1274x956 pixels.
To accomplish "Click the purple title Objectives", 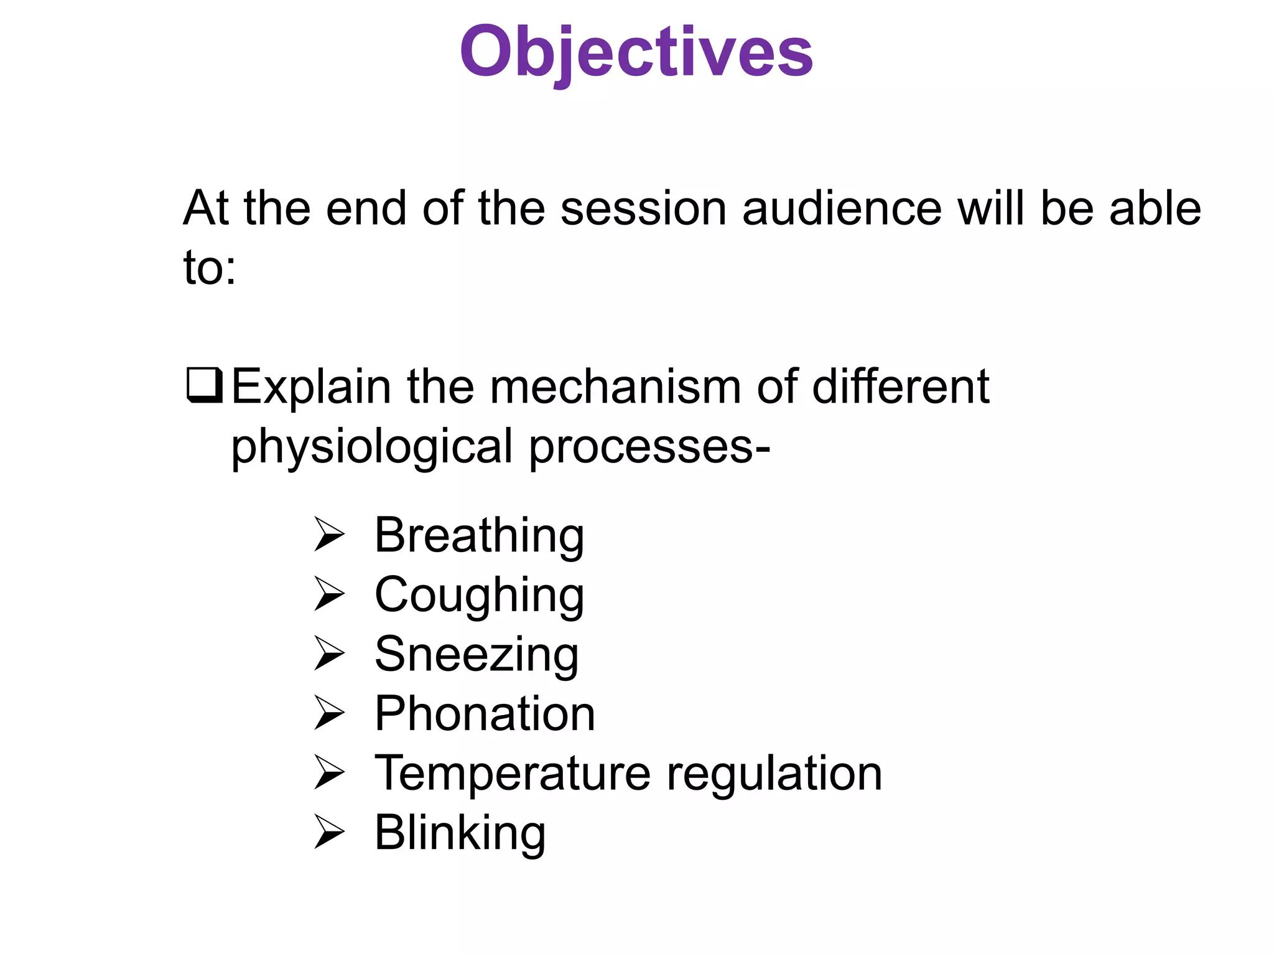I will pos(636,53).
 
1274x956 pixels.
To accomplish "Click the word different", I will pos(900,387).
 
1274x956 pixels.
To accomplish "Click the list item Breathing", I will pos(479,536).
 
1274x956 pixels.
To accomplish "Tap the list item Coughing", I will pos(479,596).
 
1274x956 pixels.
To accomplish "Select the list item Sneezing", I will pos(477,655).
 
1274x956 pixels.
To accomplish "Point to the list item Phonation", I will pos(485,714).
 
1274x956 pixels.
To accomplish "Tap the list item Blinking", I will pos(460,833).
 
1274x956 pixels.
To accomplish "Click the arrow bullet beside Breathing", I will pos(329,535).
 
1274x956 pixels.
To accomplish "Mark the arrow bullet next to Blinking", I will pos(329,832).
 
